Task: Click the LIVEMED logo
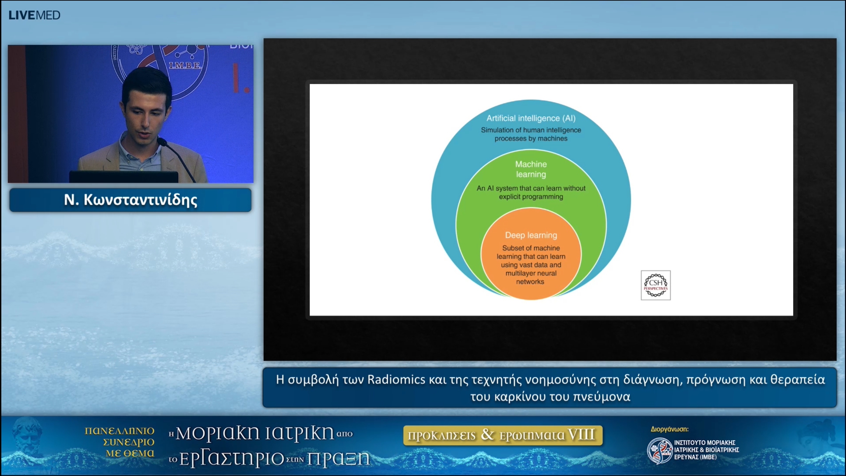tap(34, 15)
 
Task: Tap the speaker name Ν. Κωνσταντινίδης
tap(131, 200)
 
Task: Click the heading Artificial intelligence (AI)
tap(531, 118)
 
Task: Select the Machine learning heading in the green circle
tap(531, 169)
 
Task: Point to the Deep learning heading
tap(531, 235)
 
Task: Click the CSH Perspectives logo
tap(655, 285)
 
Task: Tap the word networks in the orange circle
tap(530, 282)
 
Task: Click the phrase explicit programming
tap(531, 197)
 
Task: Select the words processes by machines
tap(531, 139)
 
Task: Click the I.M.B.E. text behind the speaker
tap(185, 65)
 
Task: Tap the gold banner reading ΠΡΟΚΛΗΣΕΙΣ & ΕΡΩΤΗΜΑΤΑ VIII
tap(502, 435)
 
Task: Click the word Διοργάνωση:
tap(670, 429)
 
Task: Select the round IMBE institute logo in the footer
tap(659, 450)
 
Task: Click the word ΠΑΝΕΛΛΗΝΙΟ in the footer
tap(119, 431)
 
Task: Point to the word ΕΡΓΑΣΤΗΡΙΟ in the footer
tap(231, 459)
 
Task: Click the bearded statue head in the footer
tap(28, 436)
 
